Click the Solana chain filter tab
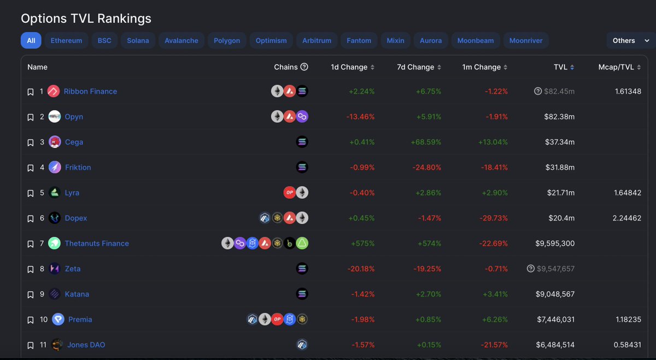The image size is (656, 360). pos(138,40)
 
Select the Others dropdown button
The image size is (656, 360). pos(630,40)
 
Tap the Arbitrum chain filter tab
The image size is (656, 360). pos(317,40)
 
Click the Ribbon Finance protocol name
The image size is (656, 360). pos(90,91)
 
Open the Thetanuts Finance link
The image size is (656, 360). pos(97,243)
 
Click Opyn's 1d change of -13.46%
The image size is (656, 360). pos(360,116)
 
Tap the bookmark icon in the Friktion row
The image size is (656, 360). pos(31,168)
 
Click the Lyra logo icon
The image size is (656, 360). pos(55,192)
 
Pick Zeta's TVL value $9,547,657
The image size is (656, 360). pos(555,269)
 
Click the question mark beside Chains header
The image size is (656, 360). pos(304,67)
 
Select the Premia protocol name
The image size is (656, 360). pos(80,319)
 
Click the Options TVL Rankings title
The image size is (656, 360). pos(86,18)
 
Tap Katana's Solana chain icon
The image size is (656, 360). pos(302,294)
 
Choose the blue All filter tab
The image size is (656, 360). pos(31,40)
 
